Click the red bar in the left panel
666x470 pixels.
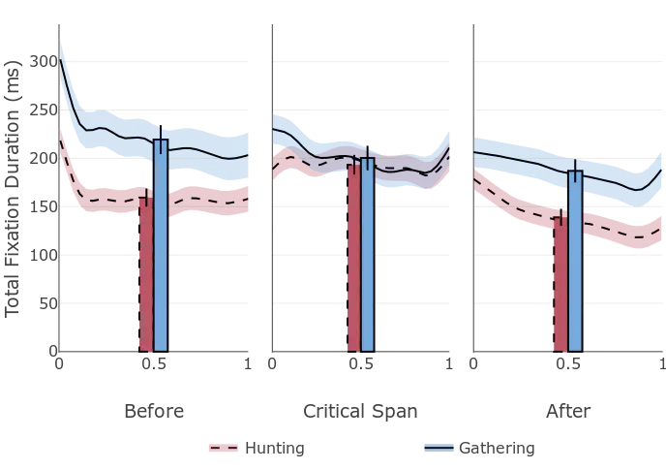click(146, 276)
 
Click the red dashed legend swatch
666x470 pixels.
click(222, 450)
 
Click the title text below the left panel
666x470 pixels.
click(155, 411)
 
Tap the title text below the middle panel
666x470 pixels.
click(360, 411)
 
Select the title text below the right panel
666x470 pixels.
click(567, 411)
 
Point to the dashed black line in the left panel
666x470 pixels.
click(106, 198)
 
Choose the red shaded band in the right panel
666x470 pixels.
click(620, 233)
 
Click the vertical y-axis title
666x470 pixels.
click(17, 184)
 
